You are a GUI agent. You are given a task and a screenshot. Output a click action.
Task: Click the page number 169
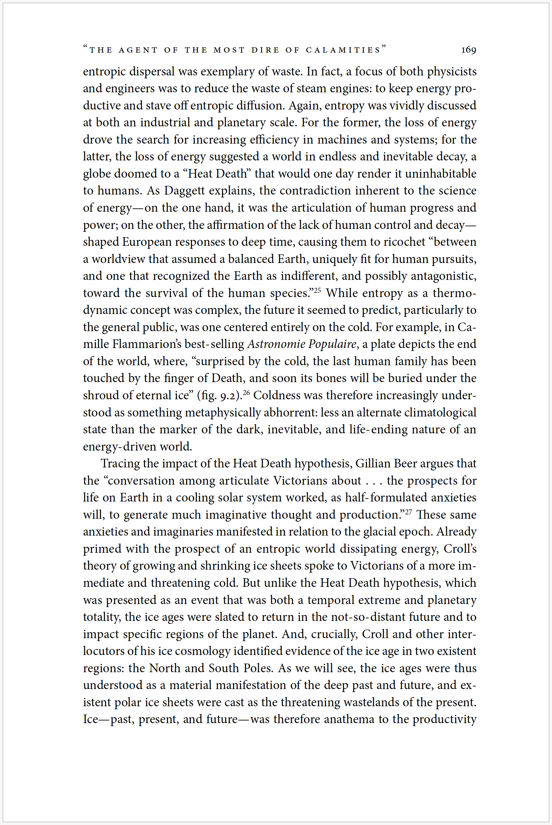[x=469, y=50]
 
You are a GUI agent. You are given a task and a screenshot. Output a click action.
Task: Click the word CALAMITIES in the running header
[x=343, y=50]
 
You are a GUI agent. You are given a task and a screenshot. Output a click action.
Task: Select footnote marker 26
[x=246, y=392]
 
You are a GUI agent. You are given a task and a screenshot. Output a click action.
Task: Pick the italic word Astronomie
[x=276, y=344]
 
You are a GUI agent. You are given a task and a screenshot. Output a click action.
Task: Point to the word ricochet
[x=405, y=242]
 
